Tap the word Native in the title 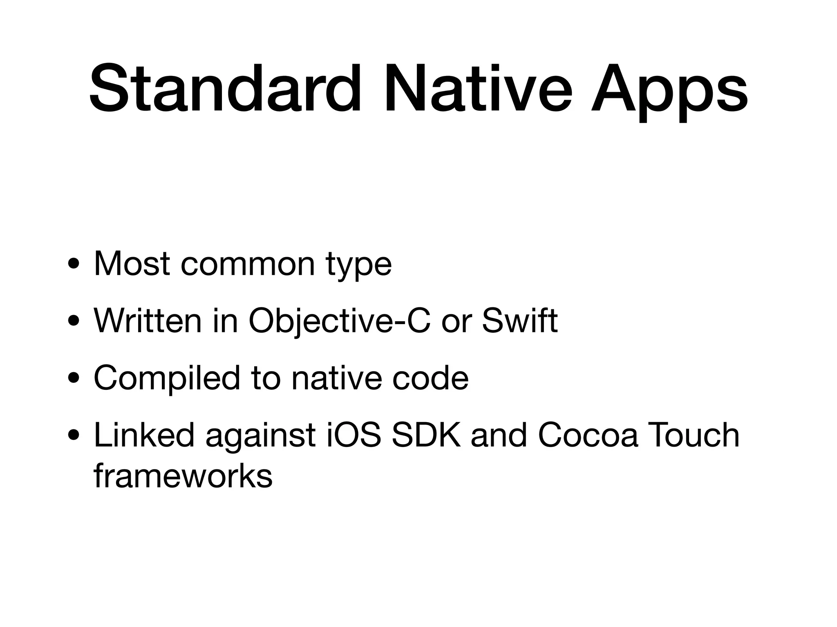[477, 88]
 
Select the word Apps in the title [669, 92]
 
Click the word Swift [519, 321]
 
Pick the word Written [148, 321]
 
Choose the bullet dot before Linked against [74, 436]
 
